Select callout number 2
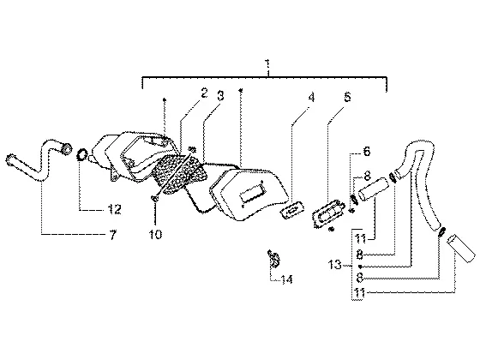204,93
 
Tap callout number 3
220,95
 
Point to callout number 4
311,98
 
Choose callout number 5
347,97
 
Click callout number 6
367,151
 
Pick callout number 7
113,235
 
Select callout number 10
155,235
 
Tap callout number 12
114,209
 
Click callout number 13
334,264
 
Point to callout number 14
287,279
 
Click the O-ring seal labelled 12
81,154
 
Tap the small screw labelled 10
154,199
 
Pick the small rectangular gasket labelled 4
292,210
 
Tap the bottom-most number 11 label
360,293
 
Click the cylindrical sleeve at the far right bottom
462,249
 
